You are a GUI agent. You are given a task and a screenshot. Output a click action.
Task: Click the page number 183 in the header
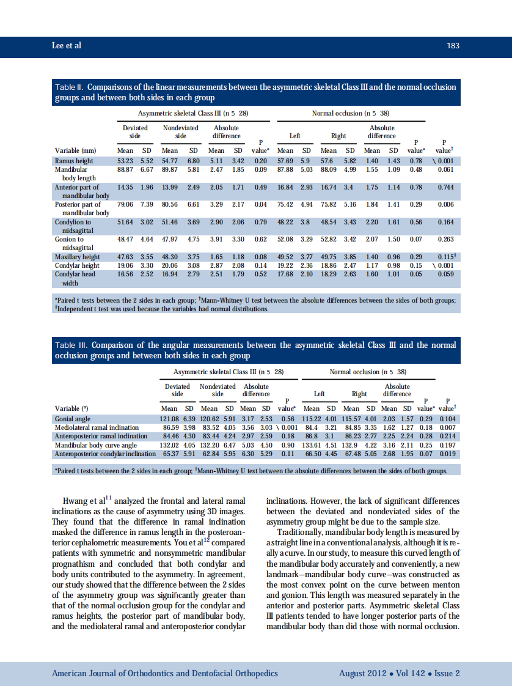click(x=453, y=46)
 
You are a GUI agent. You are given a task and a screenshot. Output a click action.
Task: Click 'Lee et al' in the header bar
click(x=67, y=46)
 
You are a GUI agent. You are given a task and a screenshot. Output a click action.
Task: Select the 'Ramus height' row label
click(x=73, y=161)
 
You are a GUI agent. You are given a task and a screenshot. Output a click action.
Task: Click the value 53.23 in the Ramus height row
click(x=125, y=161)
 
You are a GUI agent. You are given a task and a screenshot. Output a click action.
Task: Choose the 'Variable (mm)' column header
click(x=76, y=150)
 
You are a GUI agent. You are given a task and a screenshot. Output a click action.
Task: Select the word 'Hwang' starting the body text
click(x=76, y=503)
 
